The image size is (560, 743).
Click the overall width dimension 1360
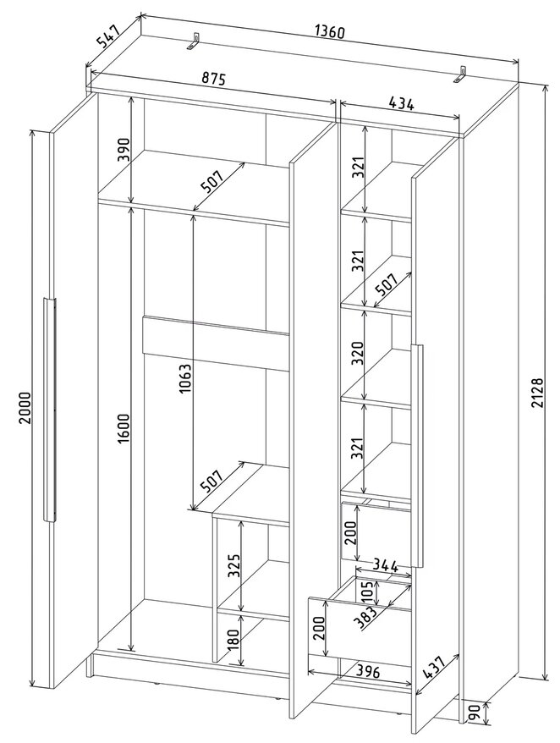pos(329,32)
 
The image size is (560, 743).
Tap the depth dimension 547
pos(109,36)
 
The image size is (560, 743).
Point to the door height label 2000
pos(25,408)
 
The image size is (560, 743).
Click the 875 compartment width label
pos(212,79)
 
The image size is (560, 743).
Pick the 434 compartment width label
pos(401,103)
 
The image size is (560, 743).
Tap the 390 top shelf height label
pos(124,150)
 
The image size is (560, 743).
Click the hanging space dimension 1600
pos(124,428)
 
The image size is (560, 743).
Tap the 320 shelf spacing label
pos(357,354)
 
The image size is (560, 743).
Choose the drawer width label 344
pos(384,564)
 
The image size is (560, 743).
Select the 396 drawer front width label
pos(367,671)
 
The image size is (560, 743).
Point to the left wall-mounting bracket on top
pos(195,41)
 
